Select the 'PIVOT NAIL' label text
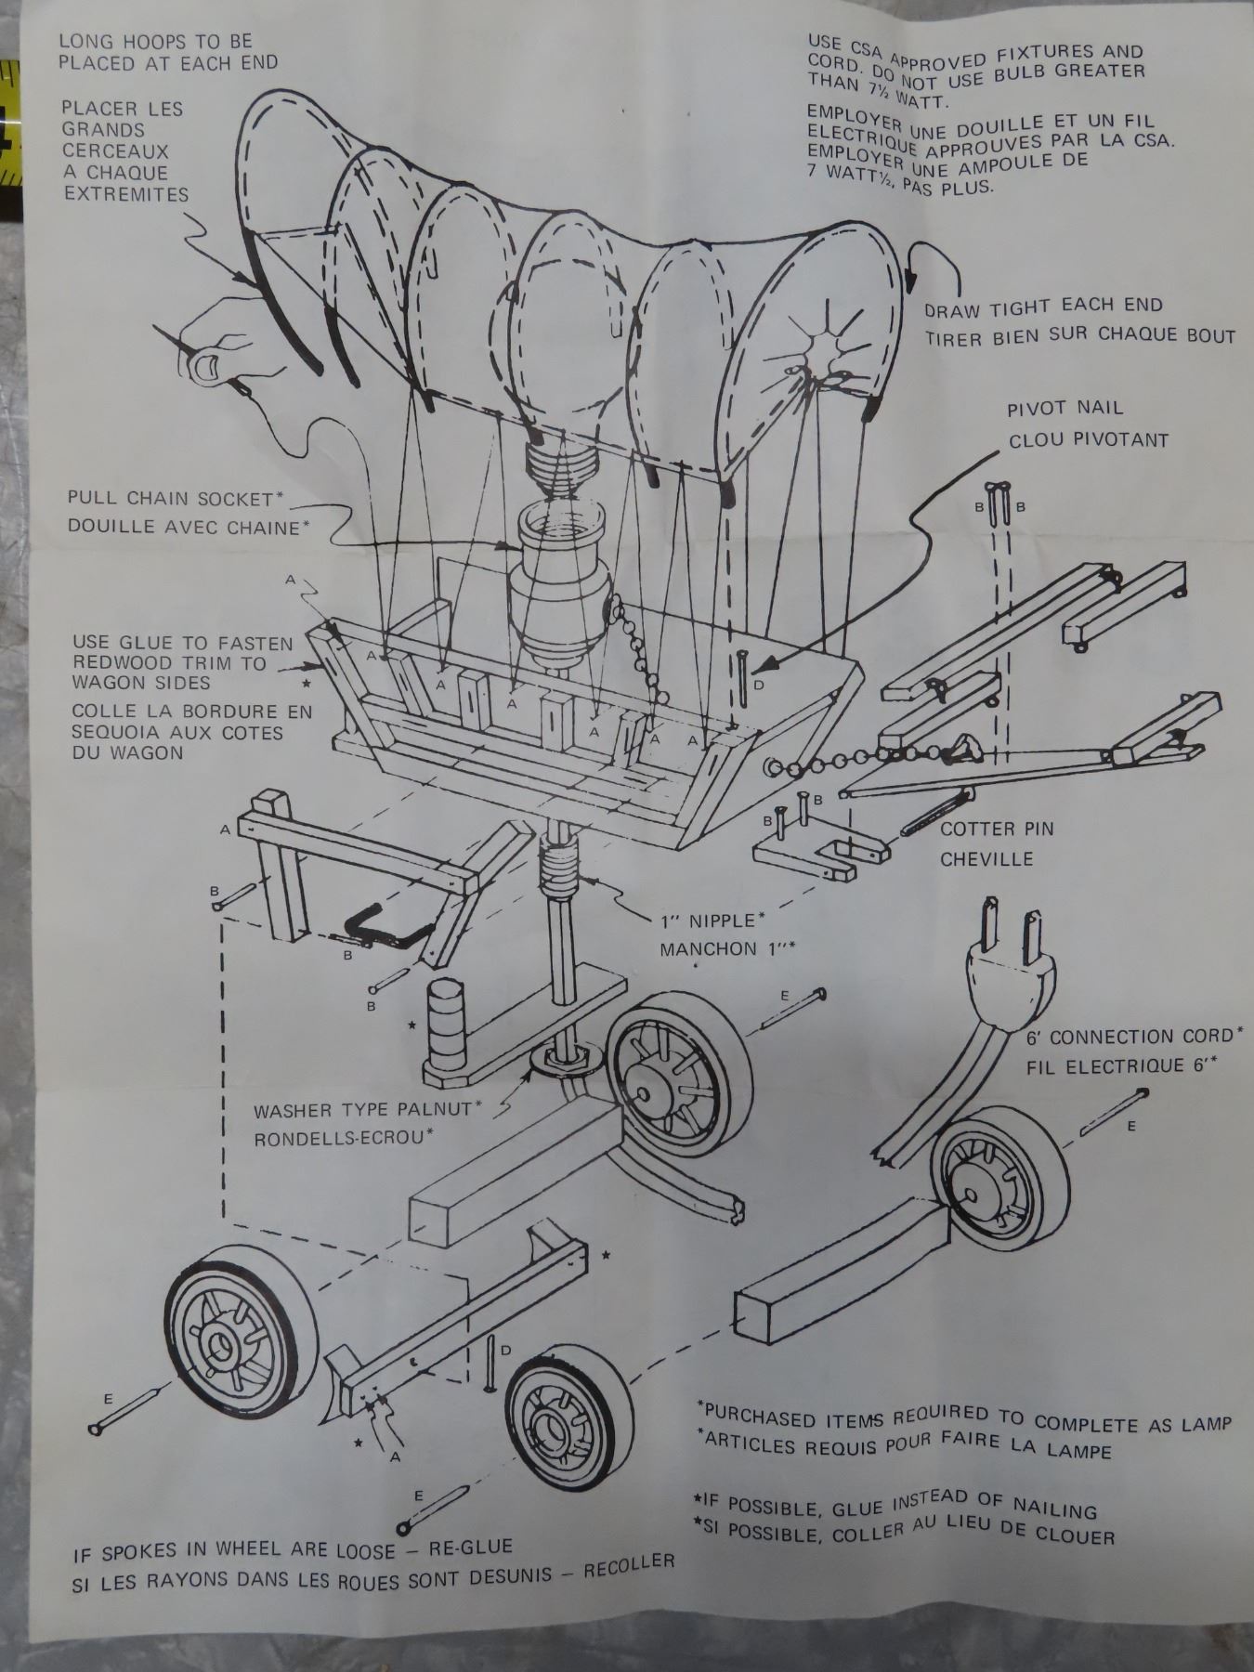1065,408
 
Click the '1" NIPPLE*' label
712,921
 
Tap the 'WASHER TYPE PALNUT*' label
367,1110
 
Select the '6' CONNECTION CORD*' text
1133,1037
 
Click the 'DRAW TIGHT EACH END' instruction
1042,307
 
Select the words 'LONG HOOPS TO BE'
153,43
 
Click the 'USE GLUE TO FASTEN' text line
183,643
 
